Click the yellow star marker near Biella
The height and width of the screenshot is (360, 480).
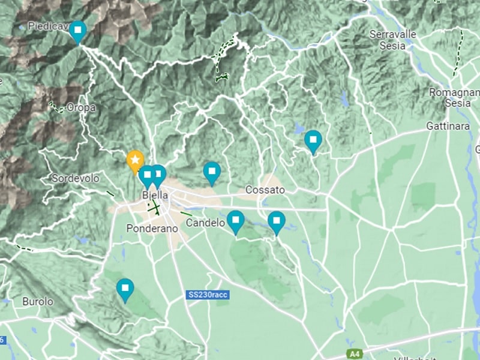tap(136, 160)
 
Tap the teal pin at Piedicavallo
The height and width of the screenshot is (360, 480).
tap(77, 31)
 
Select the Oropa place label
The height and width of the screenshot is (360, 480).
tap(81, 107)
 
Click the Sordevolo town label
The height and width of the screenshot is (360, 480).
tap(75, 178)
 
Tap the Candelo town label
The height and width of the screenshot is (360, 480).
tap(205, 223)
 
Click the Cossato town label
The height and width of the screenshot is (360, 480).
tap(265, 190)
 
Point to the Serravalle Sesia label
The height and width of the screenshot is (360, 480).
tap(393, 39)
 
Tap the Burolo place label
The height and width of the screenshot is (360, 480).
tap(37, 301)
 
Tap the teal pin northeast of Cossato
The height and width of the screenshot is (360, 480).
tap(313, 140)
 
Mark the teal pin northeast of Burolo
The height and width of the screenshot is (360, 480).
tap(125, 289)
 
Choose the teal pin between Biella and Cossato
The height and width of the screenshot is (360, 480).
tap(211, 172)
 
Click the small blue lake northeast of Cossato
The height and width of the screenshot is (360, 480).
tap(298, 128)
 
